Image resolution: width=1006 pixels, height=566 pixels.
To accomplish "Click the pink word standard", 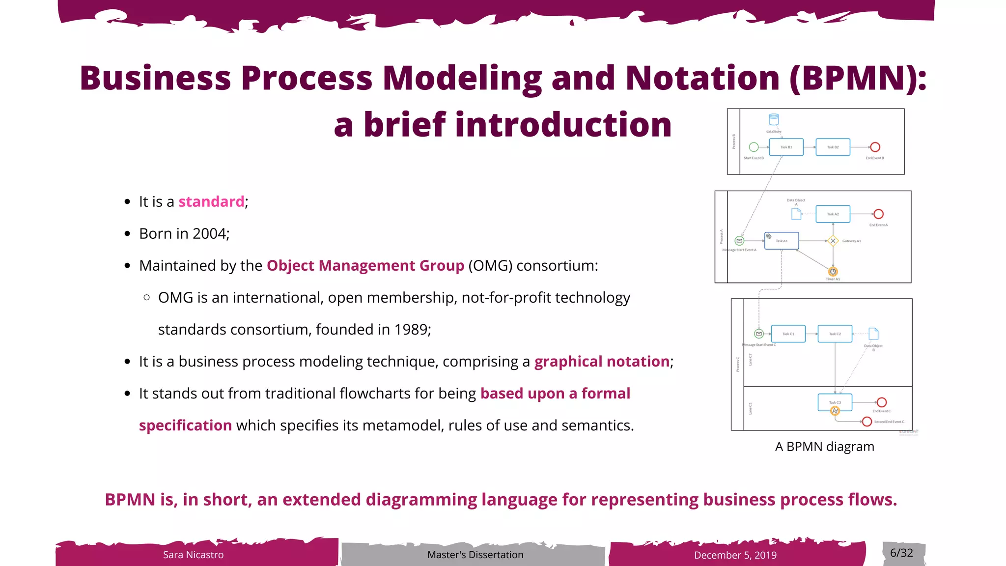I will (x=211, y=202).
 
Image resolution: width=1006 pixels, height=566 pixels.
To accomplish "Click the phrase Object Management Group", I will (x=365, y=266).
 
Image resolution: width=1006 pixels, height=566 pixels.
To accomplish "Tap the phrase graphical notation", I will (x=602, y=362).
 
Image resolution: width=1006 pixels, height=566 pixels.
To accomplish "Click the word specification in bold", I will (x=185, y=425).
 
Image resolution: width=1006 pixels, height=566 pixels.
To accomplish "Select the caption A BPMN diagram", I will (x=824, y=447).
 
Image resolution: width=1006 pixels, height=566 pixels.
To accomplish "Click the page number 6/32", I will (x=901, y=553).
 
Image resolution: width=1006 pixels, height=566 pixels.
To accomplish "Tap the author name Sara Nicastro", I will (x=193, y=555).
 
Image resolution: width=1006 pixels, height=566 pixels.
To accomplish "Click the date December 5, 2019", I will (x=735, y=555).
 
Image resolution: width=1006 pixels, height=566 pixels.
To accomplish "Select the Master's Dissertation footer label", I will (x=475, y=555).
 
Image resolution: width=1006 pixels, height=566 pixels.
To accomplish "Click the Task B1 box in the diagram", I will (x=786, y=147).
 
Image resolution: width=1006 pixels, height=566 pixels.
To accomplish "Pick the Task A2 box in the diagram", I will (x=833, y=214).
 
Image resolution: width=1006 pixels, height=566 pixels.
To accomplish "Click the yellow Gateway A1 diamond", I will (x=833, y=241).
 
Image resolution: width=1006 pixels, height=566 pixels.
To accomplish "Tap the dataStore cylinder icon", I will (x=774, y=119).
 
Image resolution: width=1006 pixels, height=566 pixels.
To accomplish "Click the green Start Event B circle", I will (x=754, y=147).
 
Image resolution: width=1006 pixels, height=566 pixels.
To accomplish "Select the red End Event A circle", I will (x=879, y=214).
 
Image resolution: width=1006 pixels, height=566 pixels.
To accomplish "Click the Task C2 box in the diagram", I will (x=835, y=334).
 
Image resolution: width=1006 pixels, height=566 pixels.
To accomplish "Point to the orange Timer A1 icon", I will (x=833, y=272).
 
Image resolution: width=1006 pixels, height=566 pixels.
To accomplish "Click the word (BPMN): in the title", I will (x=858, y=79).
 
